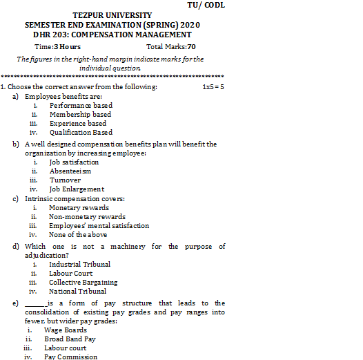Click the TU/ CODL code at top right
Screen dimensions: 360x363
(206, 5)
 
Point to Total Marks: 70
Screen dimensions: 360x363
(171, 46)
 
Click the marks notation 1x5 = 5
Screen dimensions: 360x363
(213, 87)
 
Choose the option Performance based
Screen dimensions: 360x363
(81, 106)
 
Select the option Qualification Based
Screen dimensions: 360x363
(81, 132)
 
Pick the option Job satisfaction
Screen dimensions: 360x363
(74, 162)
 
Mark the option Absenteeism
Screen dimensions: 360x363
(70, 171)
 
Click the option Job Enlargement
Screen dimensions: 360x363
(77, 189)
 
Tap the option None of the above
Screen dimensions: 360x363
(78, 234)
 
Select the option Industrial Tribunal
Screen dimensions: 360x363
(79, 264)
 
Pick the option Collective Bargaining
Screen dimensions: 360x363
(83, 282)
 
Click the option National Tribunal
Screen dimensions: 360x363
(77, 291)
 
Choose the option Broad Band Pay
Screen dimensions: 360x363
(70, 339)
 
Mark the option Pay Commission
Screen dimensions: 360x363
(70, 357)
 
